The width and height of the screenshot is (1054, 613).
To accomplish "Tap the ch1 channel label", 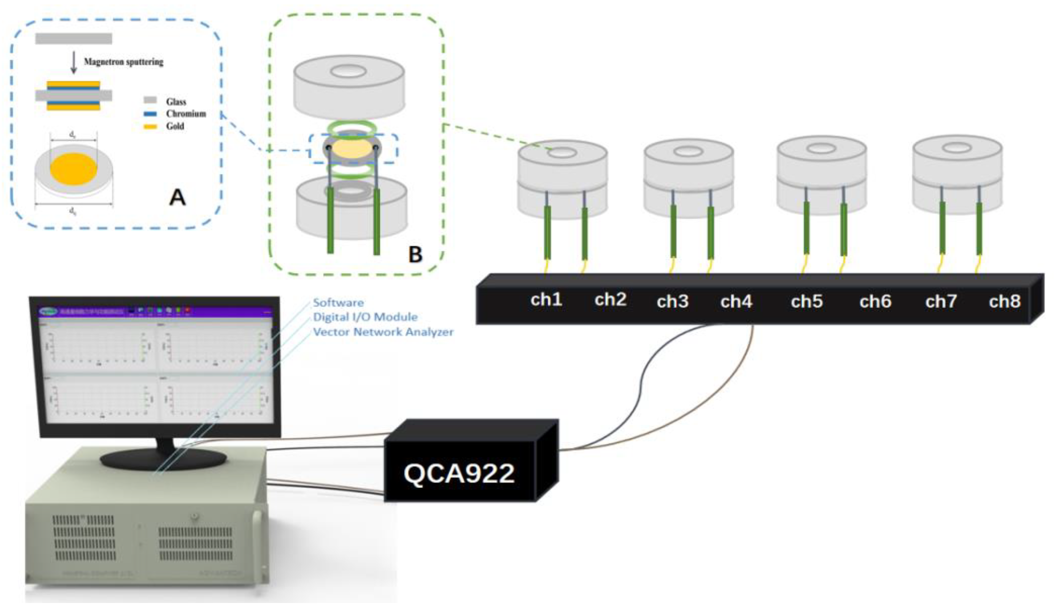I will (546, 300).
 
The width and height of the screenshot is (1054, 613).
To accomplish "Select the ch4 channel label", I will (736, 301).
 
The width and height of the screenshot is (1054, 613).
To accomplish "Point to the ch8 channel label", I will (1005, 301).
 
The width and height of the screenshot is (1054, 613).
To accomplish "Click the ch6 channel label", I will (875, 301).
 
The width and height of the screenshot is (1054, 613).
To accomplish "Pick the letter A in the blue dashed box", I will (177, 197).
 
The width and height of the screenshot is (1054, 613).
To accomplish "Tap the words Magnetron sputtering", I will (124, 62).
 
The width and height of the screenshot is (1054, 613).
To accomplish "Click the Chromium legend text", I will (186, 114).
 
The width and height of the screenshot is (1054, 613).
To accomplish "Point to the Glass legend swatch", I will (150, 100).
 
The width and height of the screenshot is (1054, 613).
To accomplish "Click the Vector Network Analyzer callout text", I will (383, 332).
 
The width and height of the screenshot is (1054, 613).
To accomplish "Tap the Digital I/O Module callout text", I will (365, 317).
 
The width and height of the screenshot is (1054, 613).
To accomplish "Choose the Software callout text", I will (338, 302).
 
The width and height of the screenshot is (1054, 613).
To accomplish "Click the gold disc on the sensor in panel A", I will (73, 169).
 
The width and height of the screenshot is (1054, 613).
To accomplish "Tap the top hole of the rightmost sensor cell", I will (957, 148).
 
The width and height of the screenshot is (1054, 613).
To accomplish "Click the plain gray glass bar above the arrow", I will (73, 39).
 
